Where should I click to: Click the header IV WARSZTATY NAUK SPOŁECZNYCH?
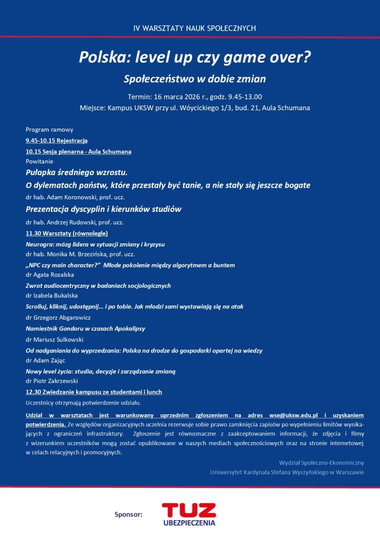tap(194, 28)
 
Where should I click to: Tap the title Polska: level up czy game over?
tap(195, 57)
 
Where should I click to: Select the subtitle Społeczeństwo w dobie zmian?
tap(195, 79)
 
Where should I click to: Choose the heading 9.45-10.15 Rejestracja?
tap(56, 141)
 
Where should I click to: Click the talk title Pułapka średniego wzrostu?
tap(77, 173)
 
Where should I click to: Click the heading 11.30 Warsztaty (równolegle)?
tap(67, 233)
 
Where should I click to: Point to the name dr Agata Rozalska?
tap(50, 274)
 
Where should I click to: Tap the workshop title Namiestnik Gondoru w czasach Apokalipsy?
tap(85, 328)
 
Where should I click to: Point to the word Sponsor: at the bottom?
tap(129, 514)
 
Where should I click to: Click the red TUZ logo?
tap(188, 510)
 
